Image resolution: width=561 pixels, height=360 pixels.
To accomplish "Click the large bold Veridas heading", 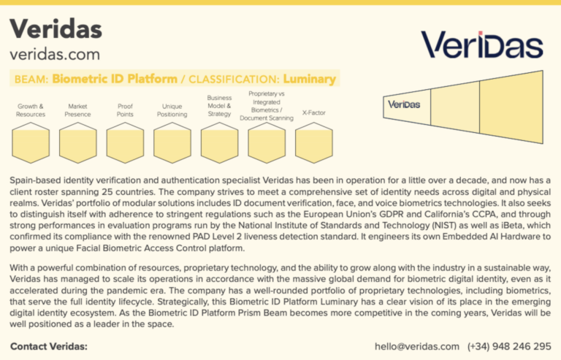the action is pos(56,28).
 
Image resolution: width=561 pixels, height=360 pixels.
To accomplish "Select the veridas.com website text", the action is pos(55,55).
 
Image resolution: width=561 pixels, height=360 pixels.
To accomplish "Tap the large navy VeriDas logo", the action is pos(482,45).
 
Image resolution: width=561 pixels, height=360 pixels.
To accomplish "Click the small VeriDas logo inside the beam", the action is pos(404,104).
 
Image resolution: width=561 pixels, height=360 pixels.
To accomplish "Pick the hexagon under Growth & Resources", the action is pos(31,143).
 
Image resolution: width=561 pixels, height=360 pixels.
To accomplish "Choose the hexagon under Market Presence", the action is pos(78,143).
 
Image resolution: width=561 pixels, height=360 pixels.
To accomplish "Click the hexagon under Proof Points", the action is pos(125,143).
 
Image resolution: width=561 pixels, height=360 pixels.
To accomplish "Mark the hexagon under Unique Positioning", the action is pos(172,143).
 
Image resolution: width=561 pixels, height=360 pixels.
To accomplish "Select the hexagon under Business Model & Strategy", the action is pos(220,143).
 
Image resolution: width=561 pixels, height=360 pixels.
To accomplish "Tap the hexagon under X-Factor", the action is pos(314,143).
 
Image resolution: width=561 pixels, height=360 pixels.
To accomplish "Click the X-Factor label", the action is pos(314,112).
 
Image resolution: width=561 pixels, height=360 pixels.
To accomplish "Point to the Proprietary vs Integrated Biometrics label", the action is pos(267,106).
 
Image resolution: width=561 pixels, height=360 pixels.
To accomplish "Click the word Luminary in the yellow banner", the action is pos(310,79).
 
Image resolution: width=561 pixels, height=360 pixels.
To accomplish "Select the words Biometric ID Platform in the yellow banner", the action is pos(115,79).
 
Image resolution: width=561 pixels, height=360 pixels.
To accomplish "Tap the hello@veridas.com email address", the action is pos(417,346).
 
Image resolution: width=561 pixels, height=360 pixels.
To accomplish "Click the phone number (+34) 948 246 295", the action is pos(509,346).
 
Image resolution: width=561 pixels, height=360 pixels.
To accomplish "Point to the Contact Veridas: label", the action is pos(49,346).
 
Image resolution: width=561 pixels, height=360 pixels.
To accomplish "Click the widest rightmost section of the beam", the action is pos(511,107).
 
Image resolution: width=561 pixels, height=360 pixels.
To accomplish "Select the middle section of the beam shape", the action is pos(455,107).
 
